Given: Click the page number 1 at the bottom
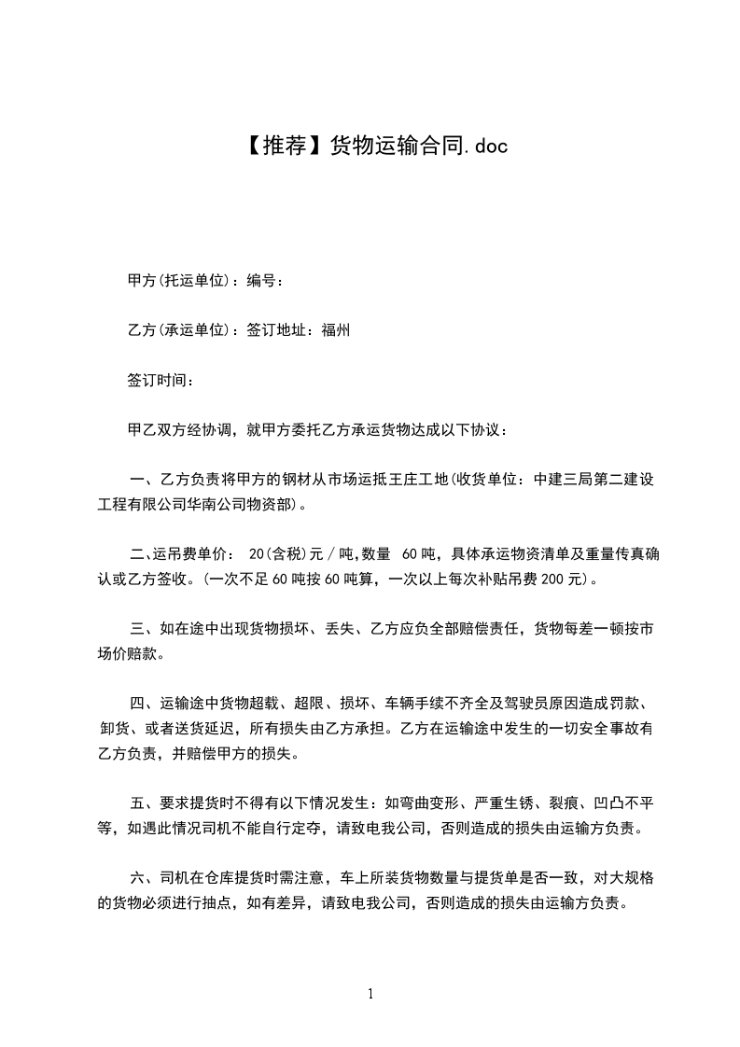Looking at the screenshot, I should click(x=370, y=994).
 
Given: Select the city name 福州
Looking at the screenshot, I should click(x=336, y=330).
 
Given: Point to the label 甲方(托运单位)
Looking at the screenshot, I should click(x=178, y=280).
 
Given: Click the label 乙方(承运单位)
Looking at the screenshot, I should click(x=178, y=330).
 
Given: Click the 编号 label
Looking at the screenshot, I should click(x=262, y=280).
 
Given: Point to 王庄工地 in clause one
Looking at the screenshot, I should click(x=418, y=481).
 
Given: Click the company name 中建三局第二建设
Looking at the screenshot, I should click(x=597, y=481).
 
